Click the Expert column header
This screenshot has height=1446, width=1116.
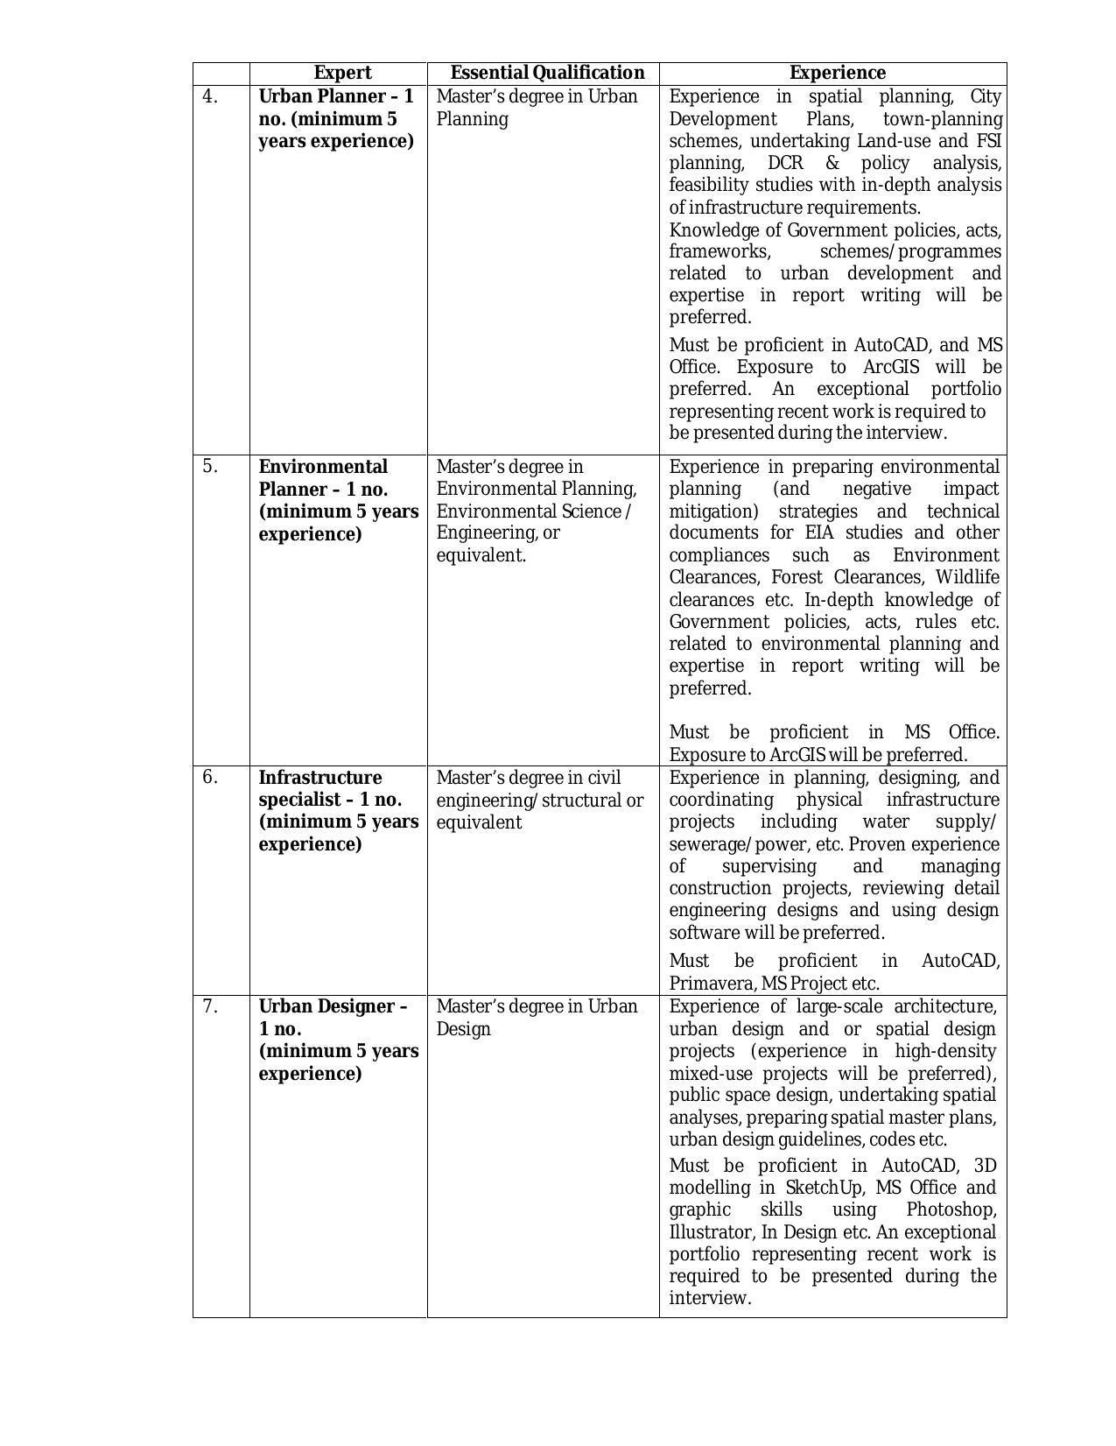pyautogui.click(x=342, y=73)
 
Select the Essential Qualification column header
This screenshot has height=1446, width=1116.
pyautogui.click(x=547, y=73)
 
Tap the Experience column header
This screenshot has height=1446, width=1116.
pyautogui.click(x=837, y=73)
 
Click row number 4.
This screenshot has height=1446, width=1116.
pyautogui.click(x=209, y=96)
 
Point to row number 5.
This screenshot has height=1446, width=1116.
pyautogui.click(x=209, y=467)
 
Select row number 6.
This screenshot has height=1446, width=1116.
pyautogui.click(x=209, y=778)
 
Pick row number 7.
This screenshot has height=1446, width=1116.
pyautogui.click(x=209, y=1006)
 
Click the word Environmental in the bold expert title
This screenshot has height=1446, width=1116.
pyautogui.click(x=323, y=467)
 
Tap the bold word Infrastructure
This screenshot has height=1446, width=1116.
pyautogui.click(x=320, y=778)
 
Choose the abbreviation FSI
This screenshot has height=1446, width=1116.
pyautogui.click(x=988, y=141)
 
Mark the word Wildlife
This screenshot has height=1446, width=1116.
pyautogui.click(x=967, y=577)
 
